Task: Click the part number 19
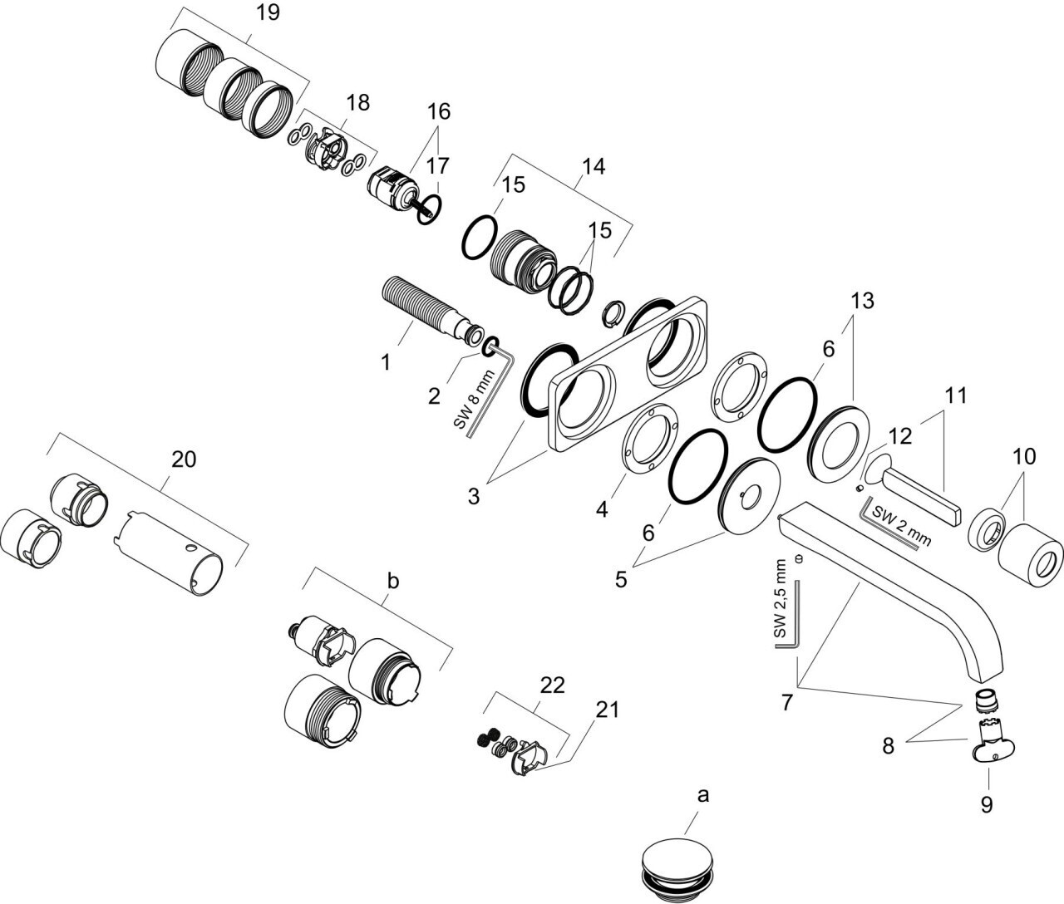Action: tap(267, 12)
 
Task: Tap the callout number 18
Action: tap(358, 102)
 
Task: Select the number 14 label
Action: tap(593, 166)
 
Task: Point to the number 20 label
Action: tap(184, 459)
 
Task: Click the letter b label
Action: tap(393, 582)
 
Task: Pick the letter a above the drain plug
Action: tap(703, 796)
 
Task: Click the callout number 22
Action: tap(552, 686)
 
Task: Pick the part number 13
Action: tap(862, 301)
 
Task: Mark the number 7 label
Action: tap(786, 701)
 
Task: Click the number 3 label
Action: tap(473, 497)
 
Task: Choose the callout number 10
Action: tap(1024, 455)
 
